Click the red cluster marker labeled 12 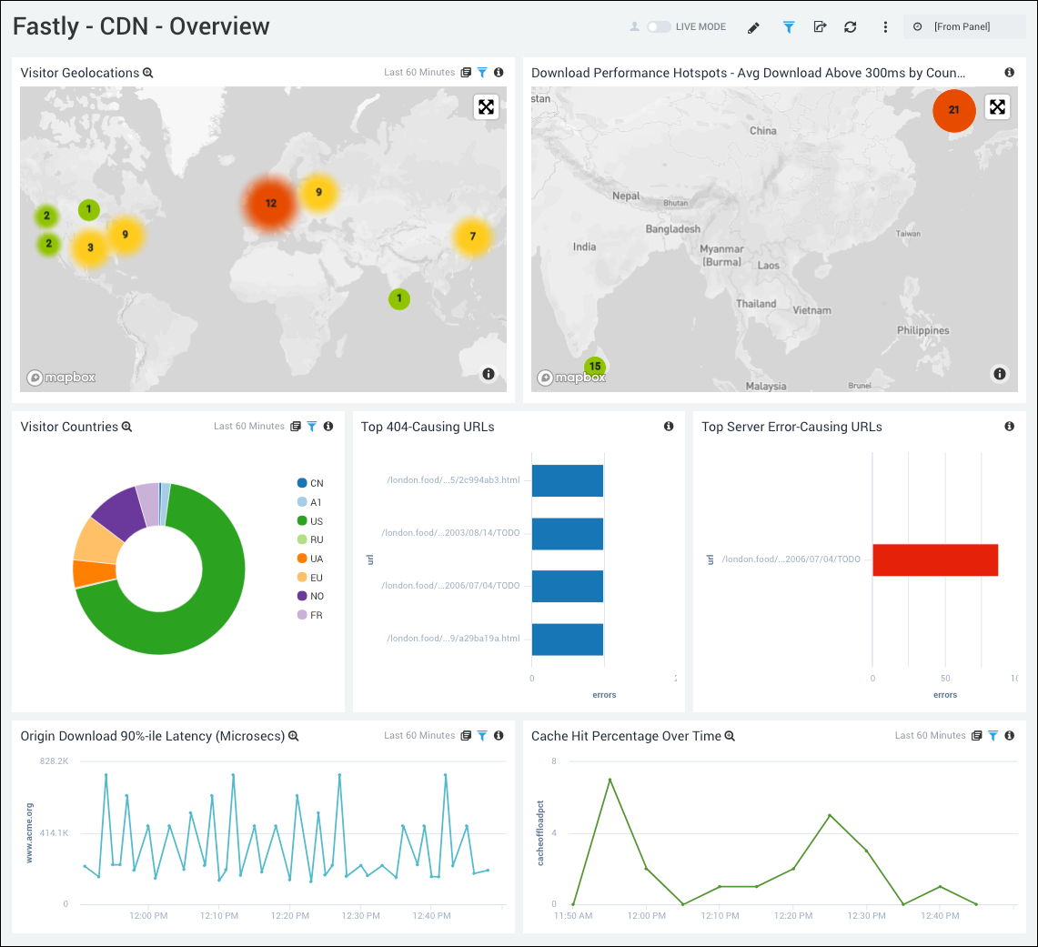click(x=270, y=203)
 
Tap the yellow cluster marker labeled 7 click(x=472, y=237)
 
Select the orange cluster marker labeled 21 click(x=953, y=110)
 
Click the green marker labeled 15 click(x=595, y=367)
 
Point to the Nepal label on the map click(x=626, y=196)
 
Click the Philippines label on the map click(x=923, y=330)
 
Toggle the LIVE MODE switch click(x=659, y=27)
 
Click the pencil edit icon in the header click(x=753, y=27)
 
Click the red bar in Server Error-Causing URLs click(x=935, y=559)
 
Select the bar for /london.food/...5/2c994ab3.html click(x=568, y=480)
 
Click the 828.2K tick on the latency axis click(x=53, y=761)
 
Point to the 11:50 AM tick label click(x=573, y=916)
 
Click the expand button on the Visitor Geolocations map click(x=487, y=107)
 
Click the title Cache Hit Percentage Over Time click(x=626, y=736)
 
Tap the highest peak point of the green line click(x=610, y=780)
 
